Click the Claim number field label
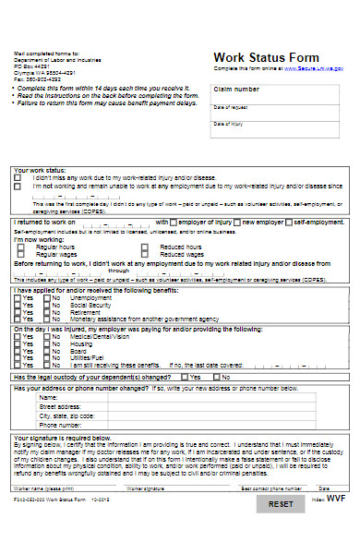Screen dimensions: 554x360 236,90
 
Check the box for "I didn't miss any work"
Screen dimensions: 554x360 18,178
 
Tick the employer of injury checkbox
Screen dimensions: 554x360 174,223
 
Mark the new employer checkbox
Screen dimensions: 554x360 235,223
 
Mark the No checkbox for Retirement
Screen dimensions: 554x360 46,311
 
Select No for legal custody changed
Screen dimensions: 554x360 216,377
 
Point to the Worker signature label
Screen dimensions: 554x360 146,487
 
